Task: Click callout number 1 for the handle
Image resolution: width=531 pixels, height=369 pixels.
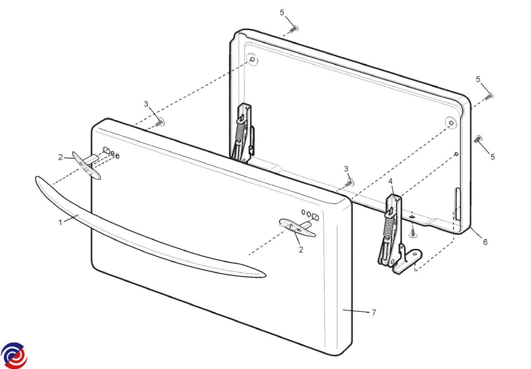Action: [60, 222]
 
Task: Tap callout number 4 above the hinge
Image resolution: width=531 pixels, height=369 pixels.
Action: [390, 181]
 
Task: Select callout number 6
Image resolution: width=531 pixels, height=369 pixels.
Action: [485, 242]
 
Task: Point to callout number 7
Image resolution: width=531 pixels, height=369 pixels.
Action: [373, 313]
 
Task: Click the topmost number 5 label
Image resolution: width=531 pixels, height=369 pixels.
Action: [282, 12]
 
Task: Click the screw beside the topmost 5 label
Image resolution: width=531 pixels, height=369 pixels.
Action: [293, 29]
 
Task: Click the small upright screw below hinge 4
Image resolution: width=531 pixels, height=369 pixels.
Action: [412, 232]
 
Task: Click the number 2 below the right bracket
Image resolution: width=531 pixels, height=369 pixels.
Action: [301, 250]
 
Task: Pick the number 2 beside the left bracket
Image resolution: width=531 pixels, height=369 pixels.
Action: [61, 156]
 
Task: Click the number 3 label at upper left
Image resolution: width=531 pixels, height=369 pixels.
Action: [146, 104]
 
